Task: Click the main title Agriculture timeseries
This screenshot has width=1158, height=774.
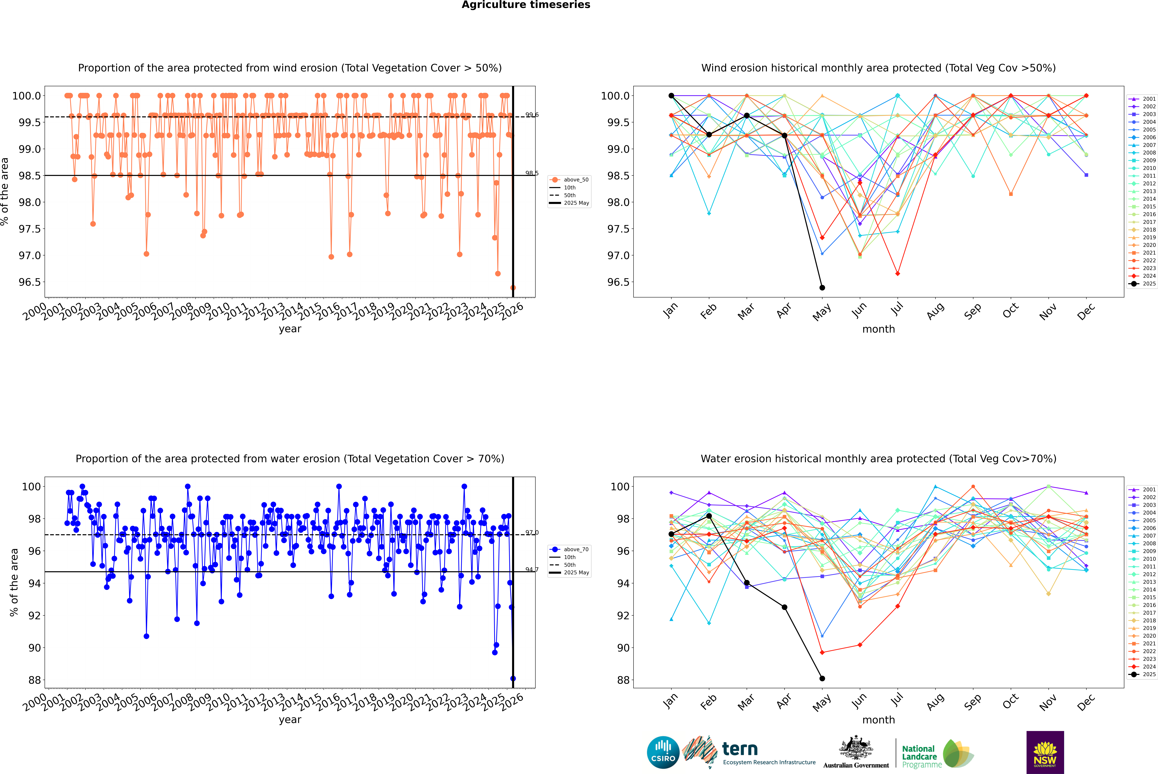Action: coord(526,5)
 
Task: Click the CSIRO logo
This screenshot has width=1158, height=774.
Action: coord(663,752)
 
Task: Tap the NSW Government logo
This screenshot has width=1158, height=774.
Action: coord(1045,752)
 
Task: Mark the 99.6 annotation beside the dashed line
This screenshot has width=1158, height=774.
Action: coord(532,115)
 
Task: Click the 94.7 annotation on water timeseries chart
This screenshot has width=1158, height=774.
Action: coord(532,570)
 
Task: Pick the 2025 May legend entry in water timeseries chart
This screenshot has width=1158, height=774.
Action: coord(576,573)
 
